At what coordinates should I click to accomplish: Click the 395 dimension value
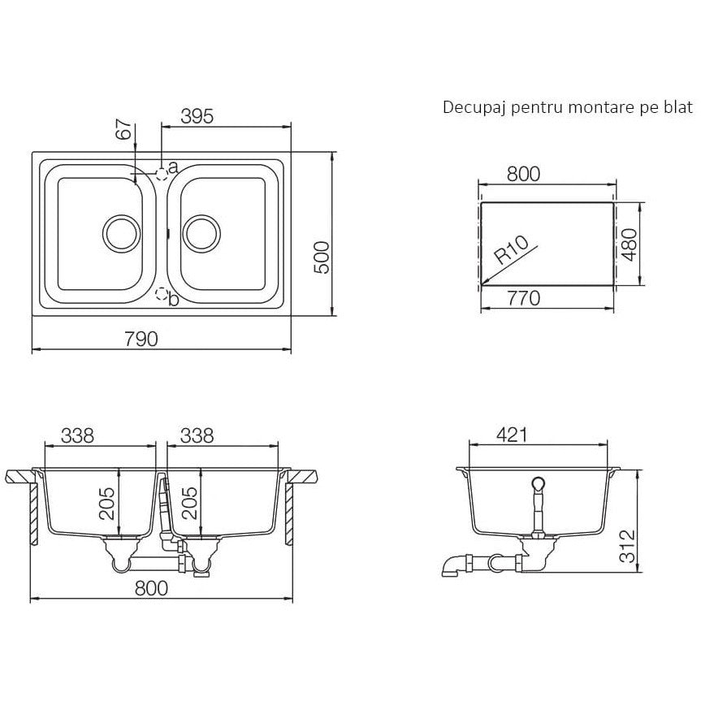click(x=197, y=116)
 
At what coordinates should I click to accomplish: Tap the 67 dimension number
click(x=124, y=130)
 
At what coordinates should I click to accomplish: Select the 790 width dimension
click(x=141, y=339)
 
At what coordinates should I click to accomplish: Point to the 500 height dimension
click(x=322, y=257)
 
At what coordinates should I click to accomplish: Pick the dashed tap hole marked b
click(x=162, y=294)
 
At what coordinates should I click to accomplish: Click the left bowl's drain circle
click(x=122, y=233)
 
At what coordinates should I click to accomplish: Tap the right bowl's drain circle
click(x=201, y=233)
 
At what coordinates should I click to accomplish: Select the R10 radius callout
click(x=512, y=250)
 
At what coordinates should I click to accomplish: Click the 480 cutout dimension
click(x=630, y=244)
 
